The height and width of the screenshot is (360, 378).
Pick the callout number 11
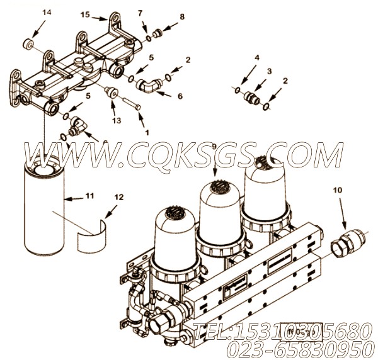tap(90, 196)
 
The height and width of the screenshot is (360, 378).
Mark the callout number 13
tap(115, 120)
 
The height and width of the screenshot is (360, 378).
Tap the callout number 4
tap(256, 57)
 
